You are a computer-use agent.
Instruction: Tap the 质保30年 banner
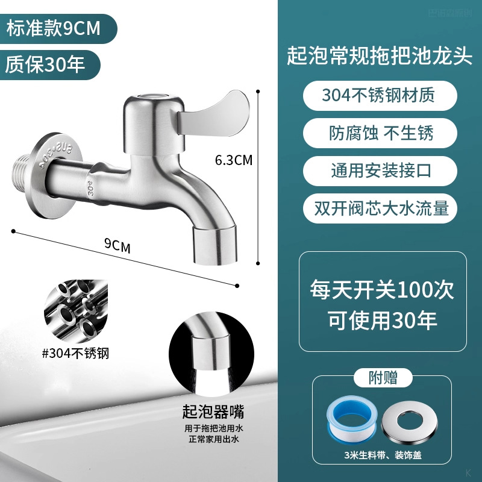coord(45,63)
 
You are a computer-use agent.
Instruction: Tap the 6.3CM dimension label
coord(234,160)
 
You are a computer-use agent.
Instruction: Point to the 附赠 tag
coord(383,378)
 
